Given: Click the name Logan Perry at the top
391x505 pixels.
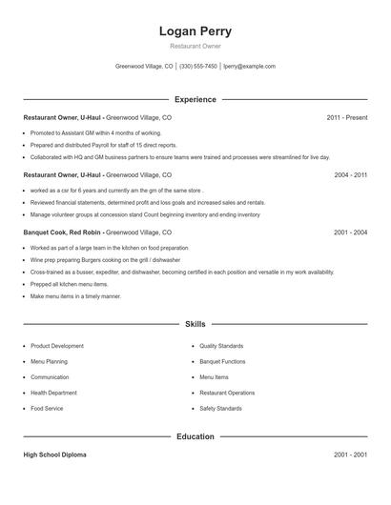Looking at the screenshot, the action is [x=195, y=31].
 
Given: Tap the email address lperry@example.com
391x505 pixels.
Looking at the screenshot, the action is [x=249, y=67].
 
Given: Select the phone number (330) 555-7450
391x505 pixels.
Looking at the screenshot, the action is [x=197, y=67].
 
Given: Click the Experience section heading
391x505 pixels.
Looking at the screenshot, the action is [x=195, y=99].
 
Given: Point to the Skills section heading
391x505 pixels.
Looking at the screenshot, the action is [x=195, y=325].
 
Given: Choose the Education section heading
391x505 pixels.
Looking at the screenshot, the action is [x=195, y=436].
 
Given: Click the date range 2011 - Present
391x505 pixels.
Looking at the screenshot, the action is [x=346, y=117].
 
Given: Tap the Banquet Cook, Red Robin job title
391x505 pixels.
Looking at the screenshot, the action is [x=63, y=232].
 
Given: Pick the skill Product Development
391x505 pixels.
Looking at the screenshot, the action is [x=57, y=346].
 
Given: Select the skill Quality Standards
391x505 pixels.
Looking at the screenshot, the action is [x=221, y=346].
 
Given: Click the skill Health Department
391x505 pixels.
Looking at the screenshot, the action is [x=54, y=393].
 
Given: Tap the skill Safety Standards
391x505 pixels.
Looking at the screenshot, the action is [x=220, y=408].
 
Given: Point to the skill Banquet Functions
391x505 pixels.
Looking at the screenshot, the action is [x=222, y=361].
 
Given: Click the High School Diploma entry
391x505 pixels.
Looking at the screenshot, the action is [x=54, y=455].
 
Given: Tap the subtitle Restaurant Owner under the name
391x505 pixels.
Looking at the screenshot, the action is [x=195, y=46].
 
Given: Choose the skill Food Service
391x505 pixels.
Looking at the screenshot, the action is [x=47, y=408].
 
